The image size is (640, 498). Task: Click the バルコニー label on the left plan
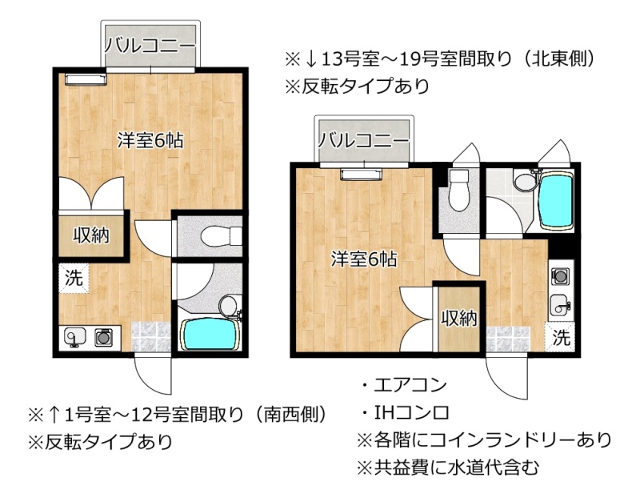click(x=150, y=45)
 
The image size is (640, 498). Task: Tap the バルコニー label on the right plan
click(x=363, y=140)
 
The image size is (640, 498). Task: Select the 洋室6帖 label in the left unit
click(x=150, y=141)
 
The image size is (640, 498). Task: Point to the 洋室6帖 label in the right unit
click(x=364, y=259)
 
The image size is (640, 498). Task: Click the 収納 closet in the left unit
click(x=91, y=235)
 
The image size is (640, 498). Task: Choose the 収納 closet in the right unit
click(x=459, y=319)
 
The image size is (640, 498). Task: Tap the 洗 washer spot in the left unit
click(x=74, y=278)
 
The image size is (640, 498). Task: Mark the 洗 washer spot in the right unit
click(x=561, y=337)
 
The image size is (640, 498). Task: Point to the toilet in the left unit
click(x=221, y=236)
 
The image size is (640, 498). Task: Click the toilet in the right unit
click(x=458, y=190)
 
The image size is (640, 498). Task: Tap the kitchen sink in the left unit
click(x=74, y=337)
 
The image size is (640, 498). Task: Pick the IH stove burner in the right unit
click(x=560, y=276)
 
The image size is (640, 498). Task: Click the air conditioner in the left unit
click(x=86, y=79)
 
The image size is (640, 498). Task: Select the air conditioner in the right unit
click(x=362, y=174)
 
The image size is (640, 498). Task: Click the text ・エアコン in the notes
click(x=404, y=385)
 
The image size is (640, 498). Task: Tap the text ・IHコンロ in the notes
click(x=405, y=412)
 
